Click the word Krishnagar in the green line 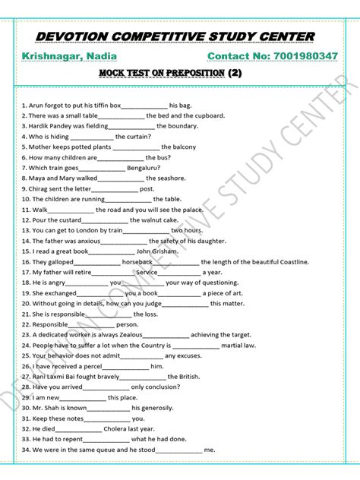(52, 57)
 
